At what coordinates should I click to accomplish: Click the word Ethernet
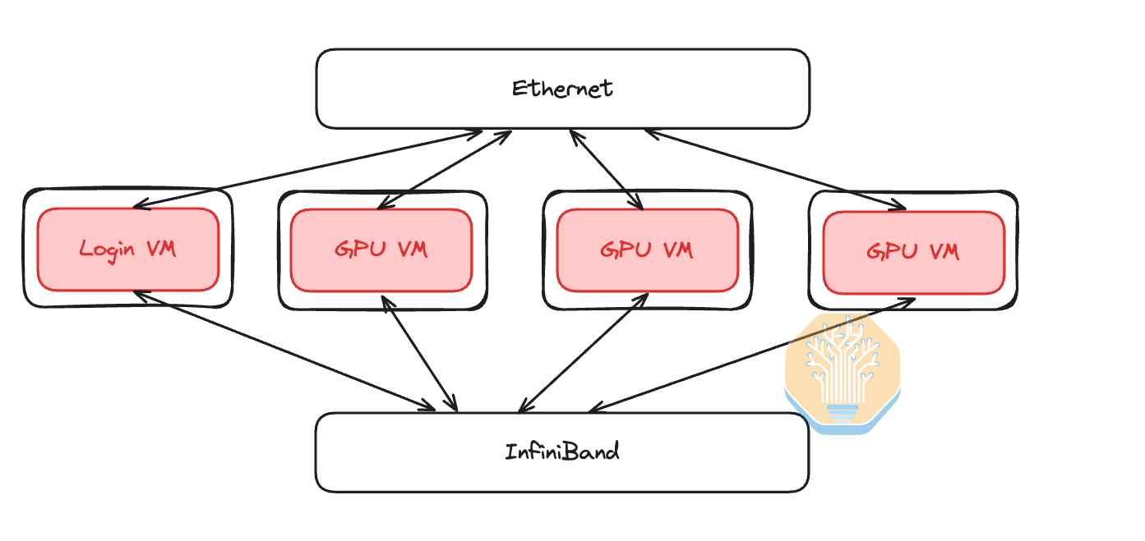click(562, 88)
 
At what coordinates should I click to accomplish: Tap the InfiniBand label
click(562, 452)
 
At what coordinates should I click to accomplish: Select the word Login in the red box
click(107, 248)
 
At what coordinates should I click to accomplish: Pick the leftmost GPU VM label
click(381, 249)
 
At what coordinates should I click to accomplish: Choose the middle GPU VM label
click(647, 249)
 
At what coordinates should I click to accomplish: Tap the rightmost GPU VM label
click(913, 250)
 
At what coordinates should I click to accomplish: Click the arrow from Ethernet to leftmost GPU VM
click(444, 168)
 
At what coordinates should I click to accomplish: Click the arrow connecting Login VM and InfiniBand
click(284, 349)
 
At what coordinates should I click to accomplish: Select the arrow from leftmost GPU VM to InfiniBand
click(419, 353)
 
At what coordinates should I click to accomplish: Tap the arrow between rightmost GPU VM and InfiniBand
click(752, 355)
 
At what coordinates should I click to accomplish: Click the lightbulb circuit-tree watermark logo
click(843, 374)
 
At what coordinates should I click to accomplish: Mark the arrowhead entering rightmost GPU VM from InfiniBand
click(908, 301)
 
